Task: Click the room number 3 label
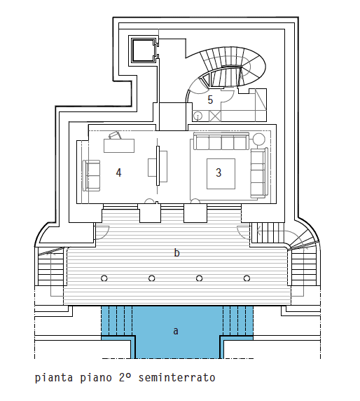click(219, 172)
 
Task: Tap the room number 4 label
click(118, 172)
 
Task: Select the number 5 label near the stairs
click(210, 100)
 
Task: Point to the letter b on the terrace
click(176, 252)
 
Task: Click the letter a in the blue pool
click(176, 331)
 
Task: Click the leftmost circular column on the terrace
click(104, 278)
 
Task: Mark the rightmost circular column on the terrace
click(247, 278)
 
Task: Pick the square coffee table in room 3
click(221, 174)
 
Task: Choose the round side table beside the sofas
click(259, 140)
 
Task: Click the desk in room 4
click(119, 146)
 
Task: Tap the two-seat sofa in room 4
click(91, 176)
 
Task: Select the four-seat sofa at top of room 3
click(221, 141)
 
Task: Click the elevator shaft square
click(144, 50)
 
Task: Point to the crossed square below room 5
click(215, 116)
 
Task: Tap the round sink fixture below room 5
click(198, 116)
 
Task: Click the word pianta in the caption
click(54, 378)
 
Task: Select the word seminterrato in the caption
click(176, 377)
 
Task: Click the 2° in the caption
click(125, 377)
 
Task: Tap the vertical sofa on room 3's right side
click(259, 173)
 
